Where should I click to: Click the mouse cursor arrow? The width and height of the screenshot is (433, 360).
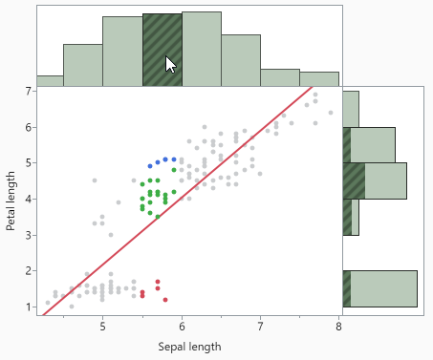pyautogui.click(x=170, y=64)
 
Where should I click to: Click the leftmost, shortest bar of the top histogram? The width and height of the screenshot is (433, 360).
pyautogui.click(x=50, y=80)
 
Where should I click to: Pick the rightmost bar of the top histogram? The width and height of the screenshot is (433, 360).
pyautogui.click(x=319, y=78)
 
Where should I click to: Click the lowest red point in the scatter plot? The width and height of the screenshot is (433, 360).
pyautogui.click(x=165, y=300)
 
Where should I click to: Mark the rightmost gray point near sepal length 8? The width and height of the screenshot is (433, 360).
pyautogui.click(x=331, y=113)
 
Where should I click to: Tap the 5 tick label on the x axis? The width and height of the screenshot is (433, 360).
pyautogui.click(x=102, y=325)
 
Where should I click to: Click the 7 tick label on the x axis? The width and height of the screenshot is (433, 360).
pyautogui.click(x=260, y=325)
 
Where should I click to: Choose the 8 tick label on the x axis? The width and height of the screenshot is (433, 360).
pyautogui.click(x=338, y=325)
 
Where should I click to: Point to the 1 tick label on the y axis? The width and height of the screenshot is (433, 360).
pyautogui.click(x=29, y=307)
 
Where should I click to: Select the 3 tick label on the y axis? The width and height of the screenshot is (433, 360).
pyautogui.click(x=29, y=235)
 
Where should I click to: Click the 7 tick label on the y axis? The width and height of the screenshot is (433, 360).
pyautogui.click(x=29, y=91)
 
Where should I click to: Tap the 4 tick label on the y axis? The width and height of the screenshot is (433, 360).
pyautogui.click(x=29, y=199)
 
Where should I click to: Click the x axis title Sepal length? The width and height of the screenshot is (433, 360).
pyautogui.click(x=189, y=346)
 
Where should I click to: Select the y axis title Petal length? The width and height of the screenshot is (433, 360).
pyautogui.click(x=11, y=199)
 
